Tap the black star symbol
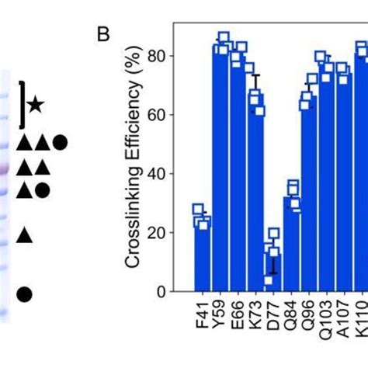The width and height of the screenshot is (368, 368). [x=35, y=103]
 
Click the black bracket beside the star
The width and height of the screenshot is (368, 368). [x=22, y=103]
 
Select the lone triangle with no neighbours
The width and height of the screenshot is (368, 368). [x=24, y=234]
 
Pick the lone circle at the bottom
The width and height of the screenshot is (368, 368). [x=24, y=293]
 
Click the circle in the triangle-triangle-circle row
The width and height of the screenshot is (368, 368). [x=59, y=143]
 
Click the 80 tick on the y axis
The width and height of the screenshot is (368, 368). [x=161, y=57]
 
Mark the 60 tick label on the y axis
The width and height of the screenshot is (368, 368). [x=161, y=116]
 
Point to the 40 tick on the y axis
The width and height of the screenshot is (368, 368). [x=161, y=175]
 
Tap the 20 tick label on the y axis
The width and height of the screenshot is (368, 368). [x=161, y=233]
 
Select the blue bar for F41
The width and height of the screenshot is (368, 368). [x=202, y=256]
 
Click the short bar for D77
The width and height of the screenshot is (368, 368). [x=272, y=272]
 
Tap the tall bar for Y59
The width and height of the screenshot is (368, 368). [x=222, y=171]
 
